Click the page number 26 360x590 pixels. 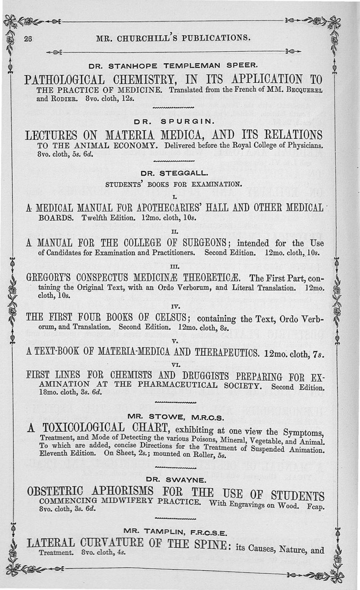tap(28, 38)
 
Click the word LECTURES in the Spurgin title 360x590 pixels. tap(52, 135)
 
